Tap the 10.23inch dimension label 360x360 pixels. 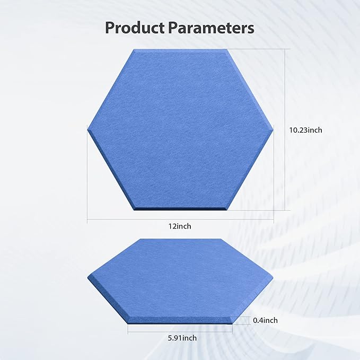pyautogui.click(x=305, y=129)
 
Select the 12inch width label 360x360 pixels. pyautogui.click(x=180, y=226)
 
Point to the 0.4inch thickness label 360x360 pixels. pyautogui.click(x=265, y=320)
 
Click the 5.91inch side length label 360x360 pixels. pyautogui.click(x=180, y=338)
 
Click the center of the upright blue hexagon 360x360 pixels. pyautogui.click(x=180, y=129)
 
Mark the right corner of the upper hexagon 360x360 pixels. pyautogui.click(x=274, y=128)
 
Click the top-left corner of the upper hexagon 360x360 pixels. pyautogui.click(x=134, y=49)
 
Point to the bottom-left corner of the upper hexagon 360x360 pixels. pyautogui.click(x=133, y=209)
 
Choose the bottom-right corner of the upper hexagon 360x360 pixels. pyautogui.click(x=227, y=209)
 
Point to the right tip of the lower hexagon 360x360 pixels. pyautogui.click(x=274, y=278)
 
